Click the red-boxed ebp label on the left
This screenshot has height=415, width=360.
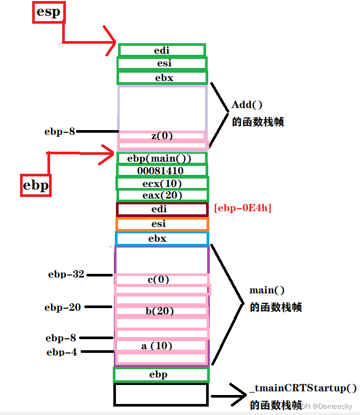pyautogui.click(x=36, y=185)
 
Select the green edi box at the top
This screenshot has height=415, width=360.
pyautogui.click(x=162, y=51)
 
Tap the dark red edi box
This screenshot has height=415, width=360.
pyautogui.click(x=162, y=209)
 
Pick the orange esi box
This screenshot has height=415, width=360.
pyautogui.click(x=162, y=224)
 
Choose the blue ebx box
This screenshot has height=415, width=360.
pyautogui.click(x=162, y=239)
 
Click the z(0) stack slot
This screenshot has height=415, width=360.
pyautogui.click(x=162, y=136)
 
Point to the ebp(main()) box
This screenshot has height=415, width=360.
pyautogui.click(x=162, y=158)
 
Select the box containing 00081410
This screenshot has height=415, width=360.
pyautogui.click(x=162, y=171)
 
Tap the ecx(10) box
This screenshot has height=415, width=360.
pyautogui.click(x=162, y=183)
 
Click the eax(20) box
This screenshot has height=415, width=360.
pyautogui.click(x=162, y=195)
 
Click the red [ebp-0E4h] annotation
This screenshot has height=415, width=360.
pyautogui.click(x=242, y=209)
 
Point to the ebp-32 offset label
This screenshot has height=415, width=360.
pyautogui.click(x=66, y=274)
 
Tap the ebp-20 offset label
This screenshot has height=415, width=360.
pyautogui.click(x=63, y=307)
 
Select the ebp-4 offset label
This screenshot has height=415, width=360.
pyautogui.click(x=62, y=352)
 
